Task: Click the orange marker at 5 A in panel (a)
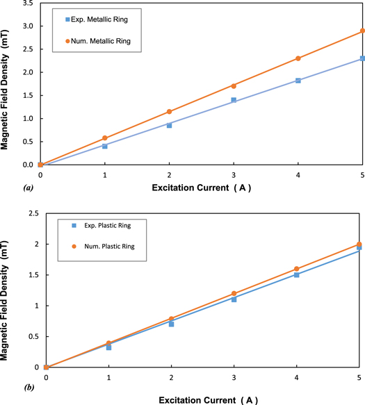362,31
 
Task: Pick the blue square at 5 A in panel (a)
362,58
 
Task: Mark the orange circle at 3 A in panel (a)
234,85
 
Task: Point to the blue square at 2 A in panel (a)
169,125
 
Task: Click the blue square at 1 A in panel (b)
108,347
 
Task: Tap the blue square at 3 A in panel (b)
234,299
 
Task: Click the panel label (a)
9,188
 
